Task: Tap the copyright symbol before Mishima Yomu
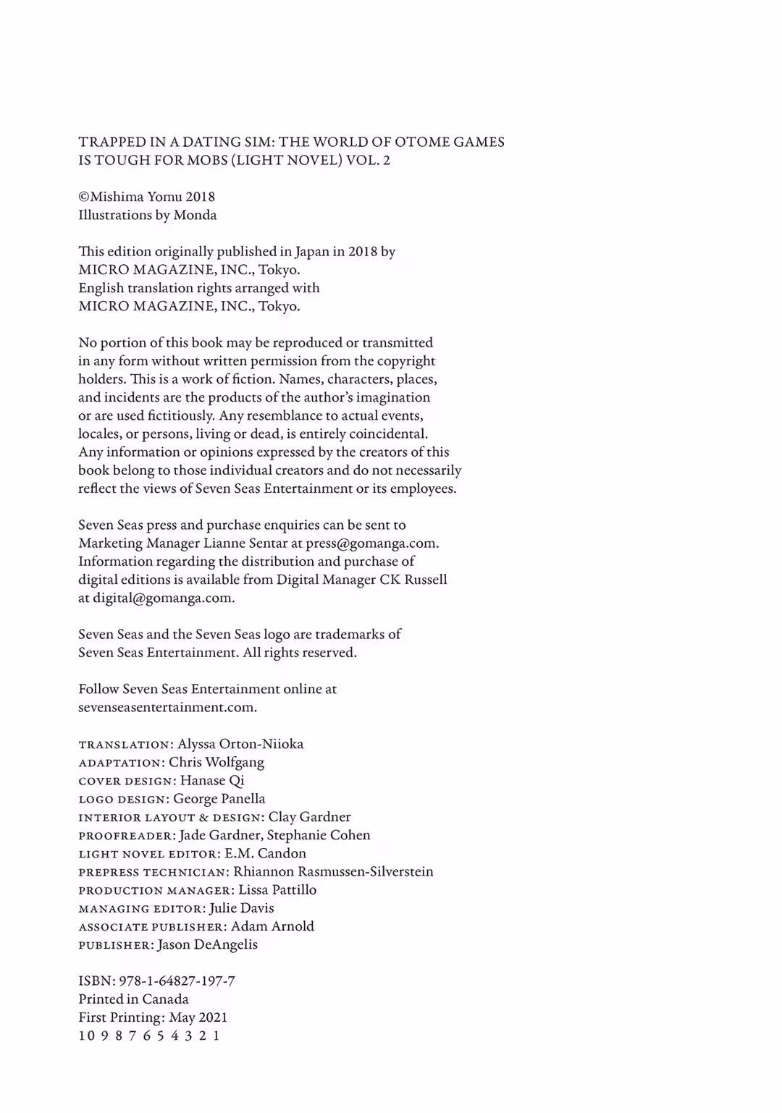[x=83, y=197]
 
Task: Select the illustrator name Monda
[x=195, y=215]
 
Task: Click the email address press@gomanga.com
[x=371, y=543]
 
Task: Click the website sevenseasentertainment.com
[x=167, y=708]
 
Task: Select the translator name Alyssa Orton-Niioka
[x=240, y=744]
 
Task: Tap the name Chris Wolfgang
[x=216, y=762]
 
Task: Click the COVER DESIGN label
[x=126, y=781]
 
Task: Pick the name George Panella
[x=219, y=799]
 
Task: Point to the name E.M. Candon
[x=265, y=853]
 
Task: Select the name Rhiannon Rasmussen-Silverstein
[x=333, y=871]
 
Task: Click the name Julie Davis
[x=241, y=908]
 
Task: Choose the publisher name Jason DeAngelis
[x=207, y=944]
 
